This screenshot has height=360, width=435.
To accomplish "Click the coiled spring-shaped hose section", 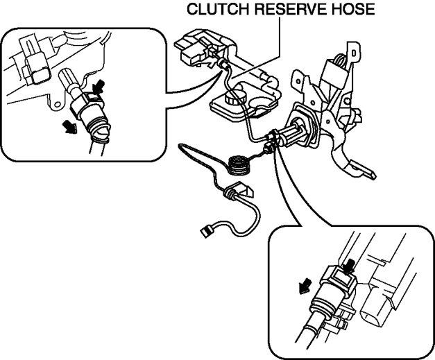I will (239, 165).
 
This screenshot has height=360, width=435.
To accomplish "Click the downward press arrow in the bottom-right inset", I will (352, 264).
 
